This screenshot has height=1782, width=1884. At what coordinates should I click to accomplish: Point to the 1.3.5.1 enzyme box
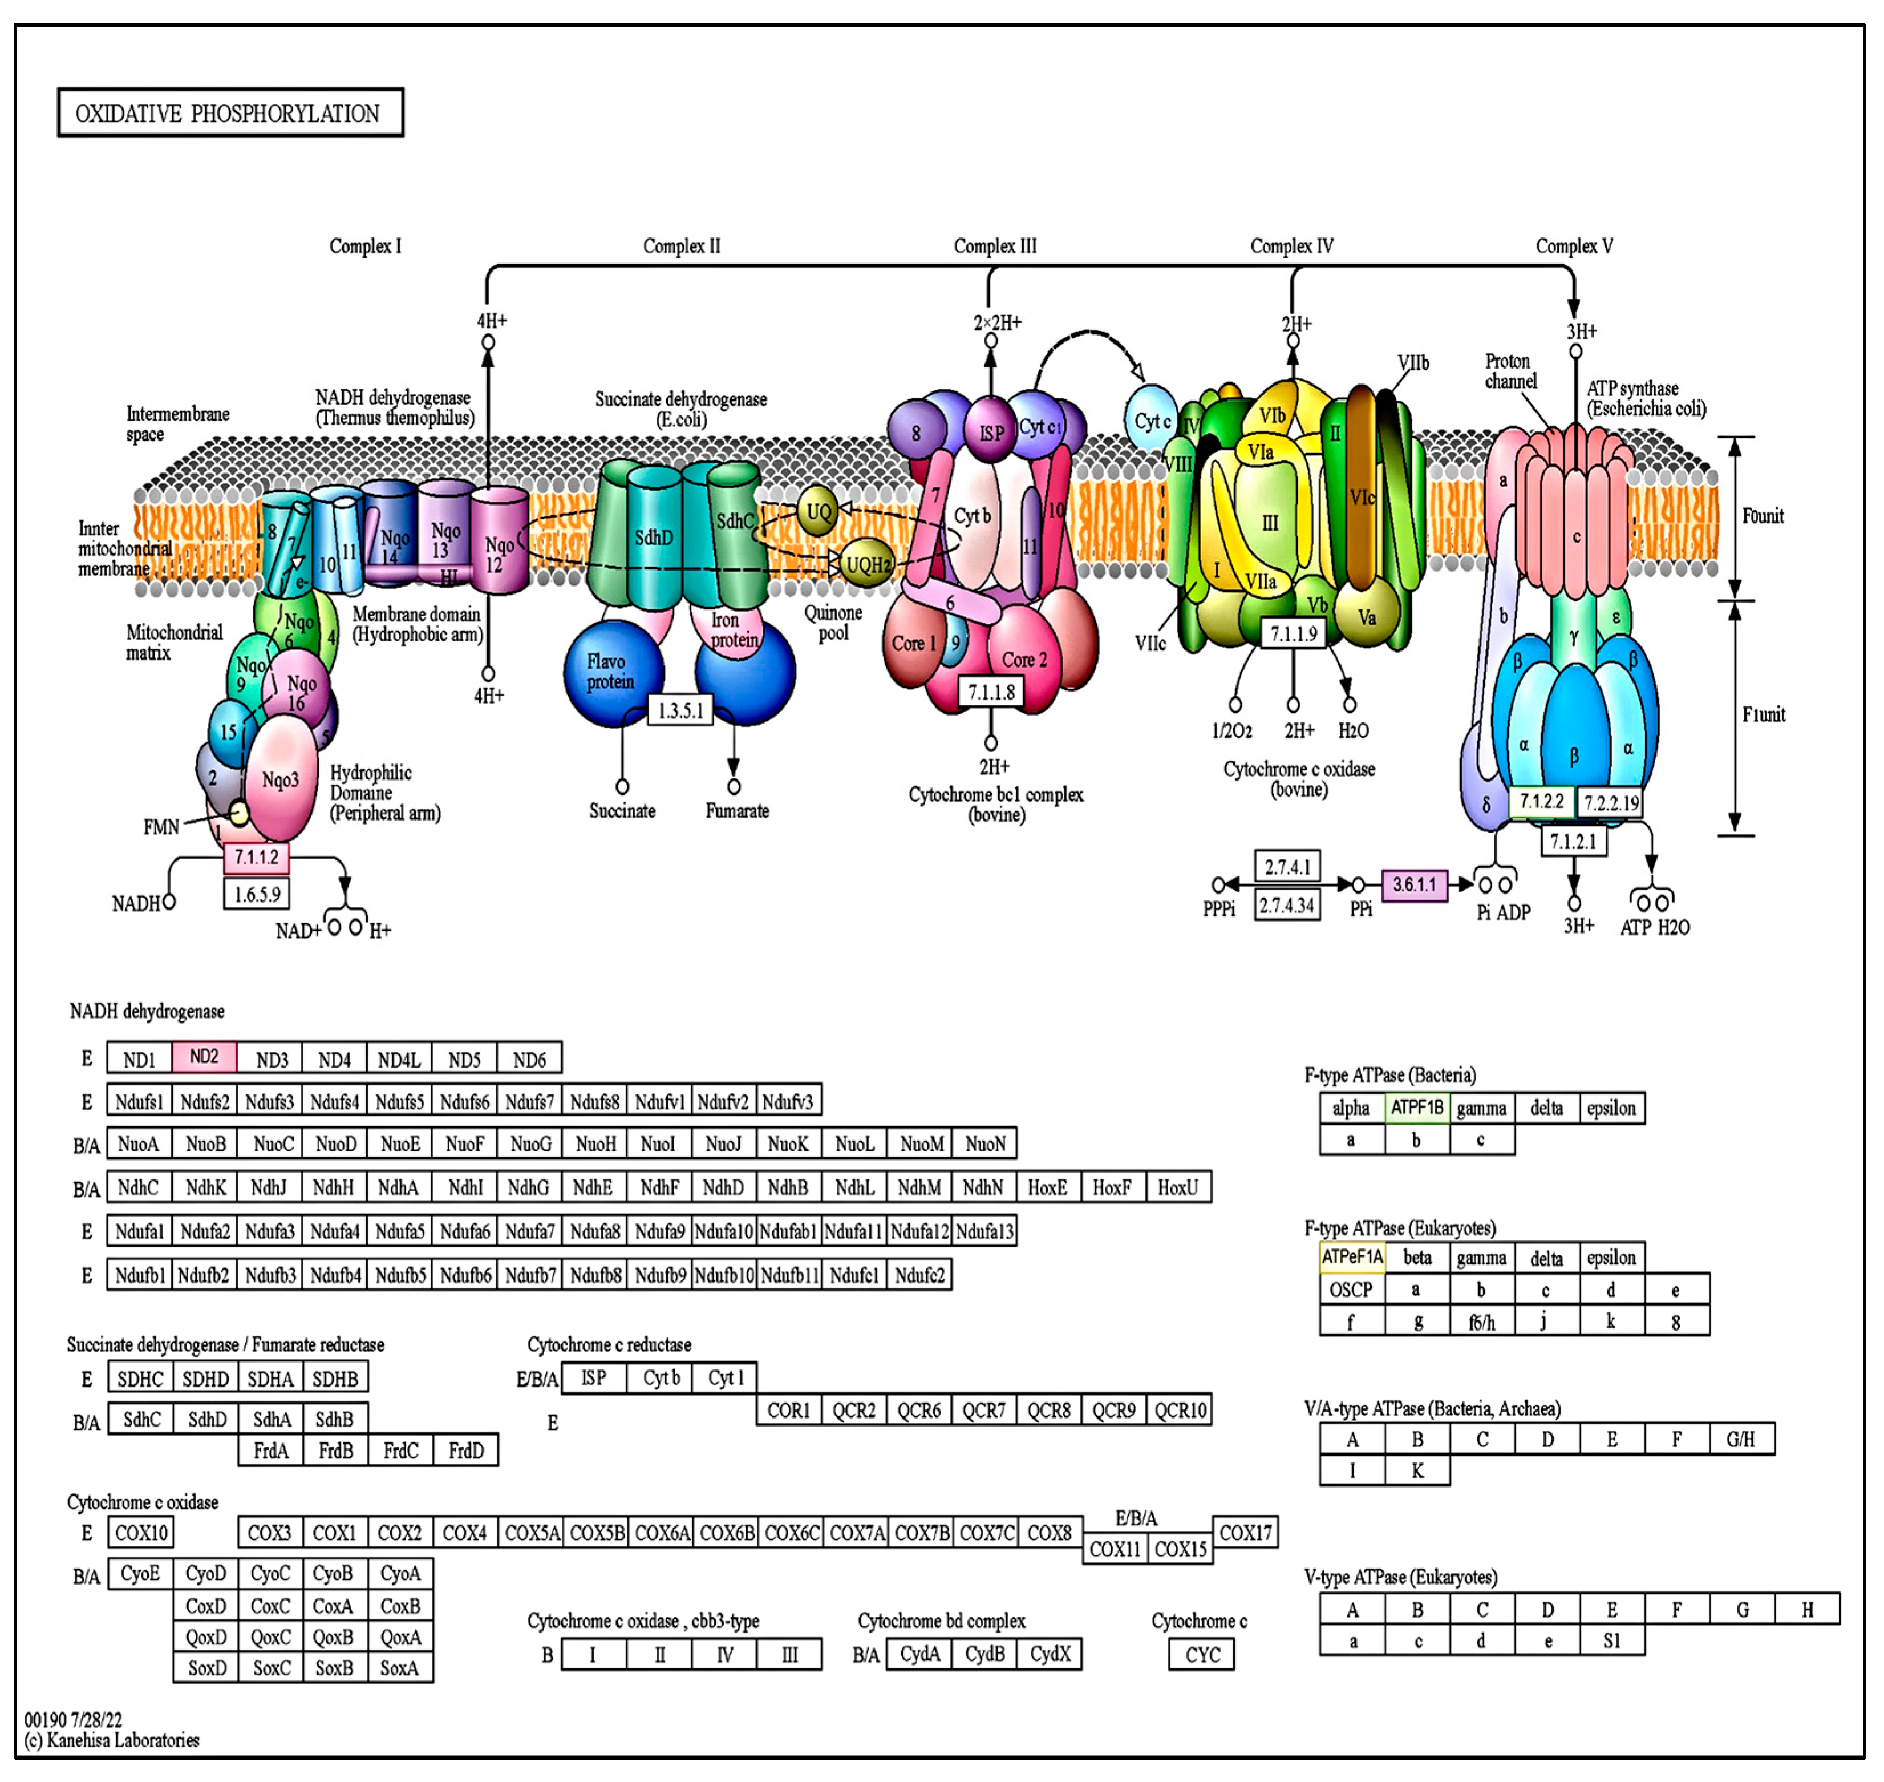[x=681, y=710]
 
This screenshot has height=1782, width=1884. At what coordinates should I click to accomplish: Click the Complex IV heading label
[x=1291, y=246]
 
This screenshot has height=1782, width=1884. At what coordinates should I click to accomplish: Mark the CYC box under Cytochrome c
[x=1202, y=1655]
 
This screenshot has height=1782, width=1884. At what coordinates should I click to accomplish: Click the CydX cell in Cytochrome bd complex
[x=1050, y=1654]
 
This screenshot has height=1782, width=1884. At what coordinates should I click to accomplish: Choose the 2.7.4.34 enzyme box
[x=1287, y=905]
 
